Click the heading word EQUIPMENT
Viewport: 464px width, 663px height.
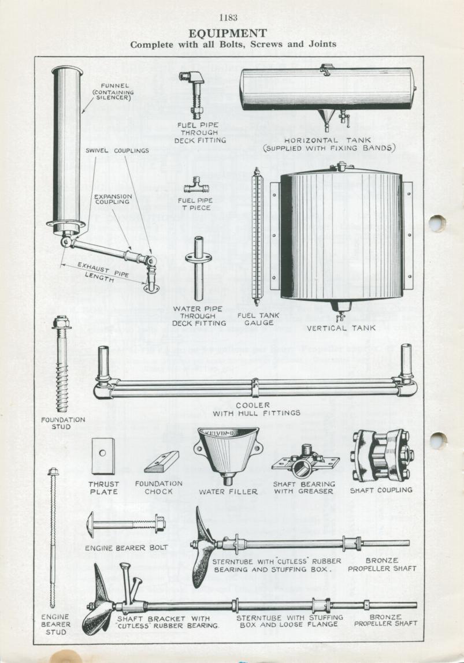(228, 33)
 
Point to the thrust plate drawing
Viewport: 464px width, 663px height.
(103, 455)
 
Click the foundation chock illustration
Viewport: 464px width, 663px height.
(161, 461)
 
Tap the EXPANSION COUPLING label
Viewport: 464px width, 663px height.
(113, 199)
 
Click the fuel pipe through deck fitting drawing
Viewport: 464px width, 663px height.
(191, 95)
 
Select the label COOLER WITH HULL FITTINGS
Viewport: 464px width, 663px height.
(257, 409)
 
